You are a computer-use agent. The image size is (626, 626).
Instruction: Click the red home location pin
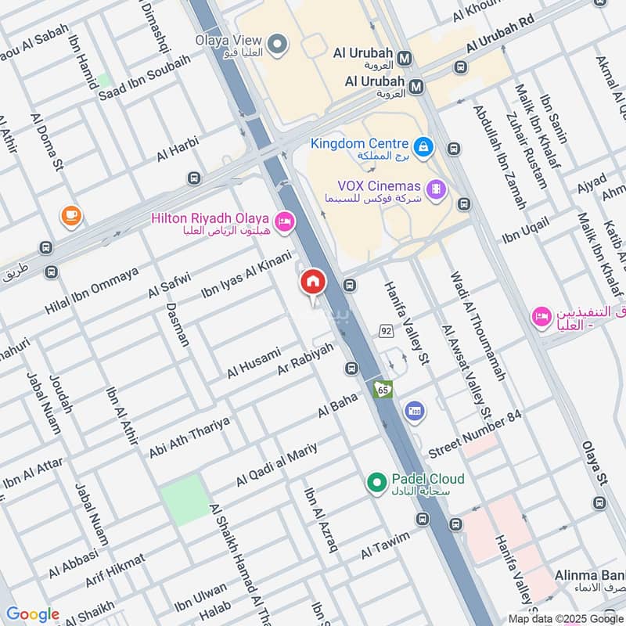[x=312, y=282]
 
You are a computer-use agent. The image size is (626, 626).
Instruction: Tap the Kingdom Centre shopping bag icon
[x=423, y=146]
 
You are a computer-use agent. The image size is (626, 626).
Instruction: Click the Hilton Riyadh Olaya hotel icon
[x=285, y=222]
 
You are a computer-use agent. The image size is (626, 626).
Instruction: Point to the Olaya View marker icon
[x=276, y=45]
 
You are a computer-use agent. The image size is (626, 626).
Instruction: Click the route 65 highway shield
[x=383, y=389]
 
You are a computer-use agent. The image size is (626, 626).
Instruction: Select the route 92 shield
[x=386, y=330]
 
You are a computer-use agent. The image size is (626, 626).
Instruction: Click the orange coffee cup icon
[x=71, y=215]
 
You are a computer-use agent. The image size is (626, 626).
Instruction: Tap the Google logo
[x=32, y=614]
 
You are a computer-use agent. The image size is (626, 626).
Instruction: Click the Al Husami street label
[x=254, y=363]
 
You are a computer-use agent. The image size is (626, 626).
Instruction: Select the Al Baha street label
[x=337, y=406]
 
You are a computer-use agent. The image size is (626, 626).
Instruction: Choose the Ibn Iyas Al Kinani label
[x=246, y=275]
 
